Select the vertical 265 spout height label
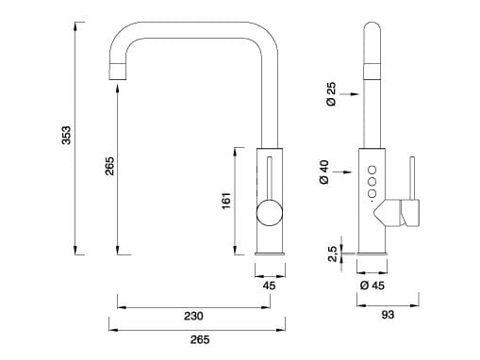pos(109,167)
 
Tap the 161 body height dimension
pos(226,201)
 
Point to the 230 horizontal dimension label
pos(192,316)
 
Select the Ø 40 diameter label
pos(324,172)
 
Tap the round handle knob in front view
pos(268,211)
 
